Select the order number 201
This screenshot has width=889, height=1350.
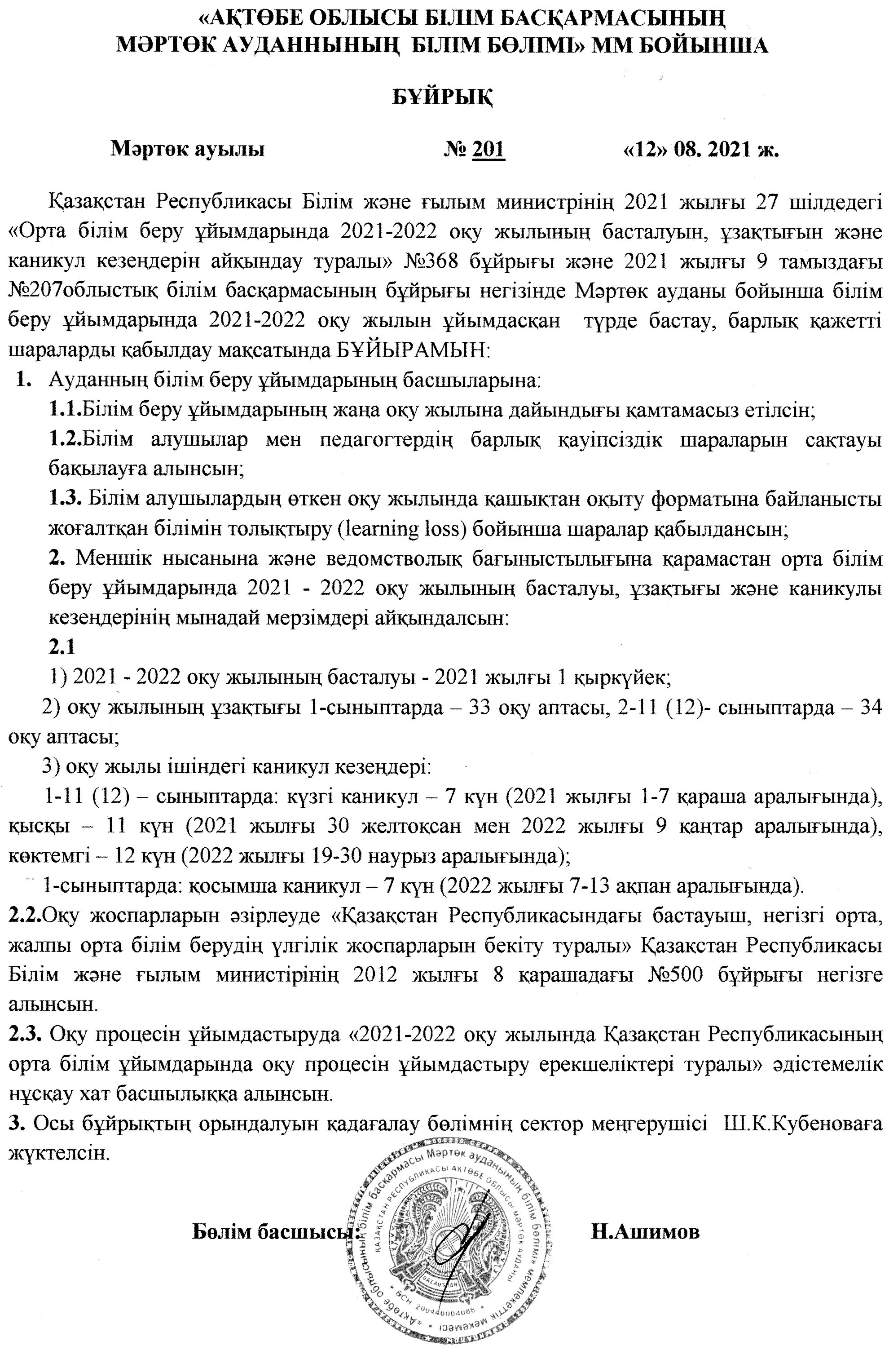coord(488,149)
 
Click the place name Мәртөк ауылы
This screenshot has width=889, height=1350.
coord(188,149)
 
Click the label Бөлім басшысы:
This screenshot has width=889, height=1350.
coord(277,1227)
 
